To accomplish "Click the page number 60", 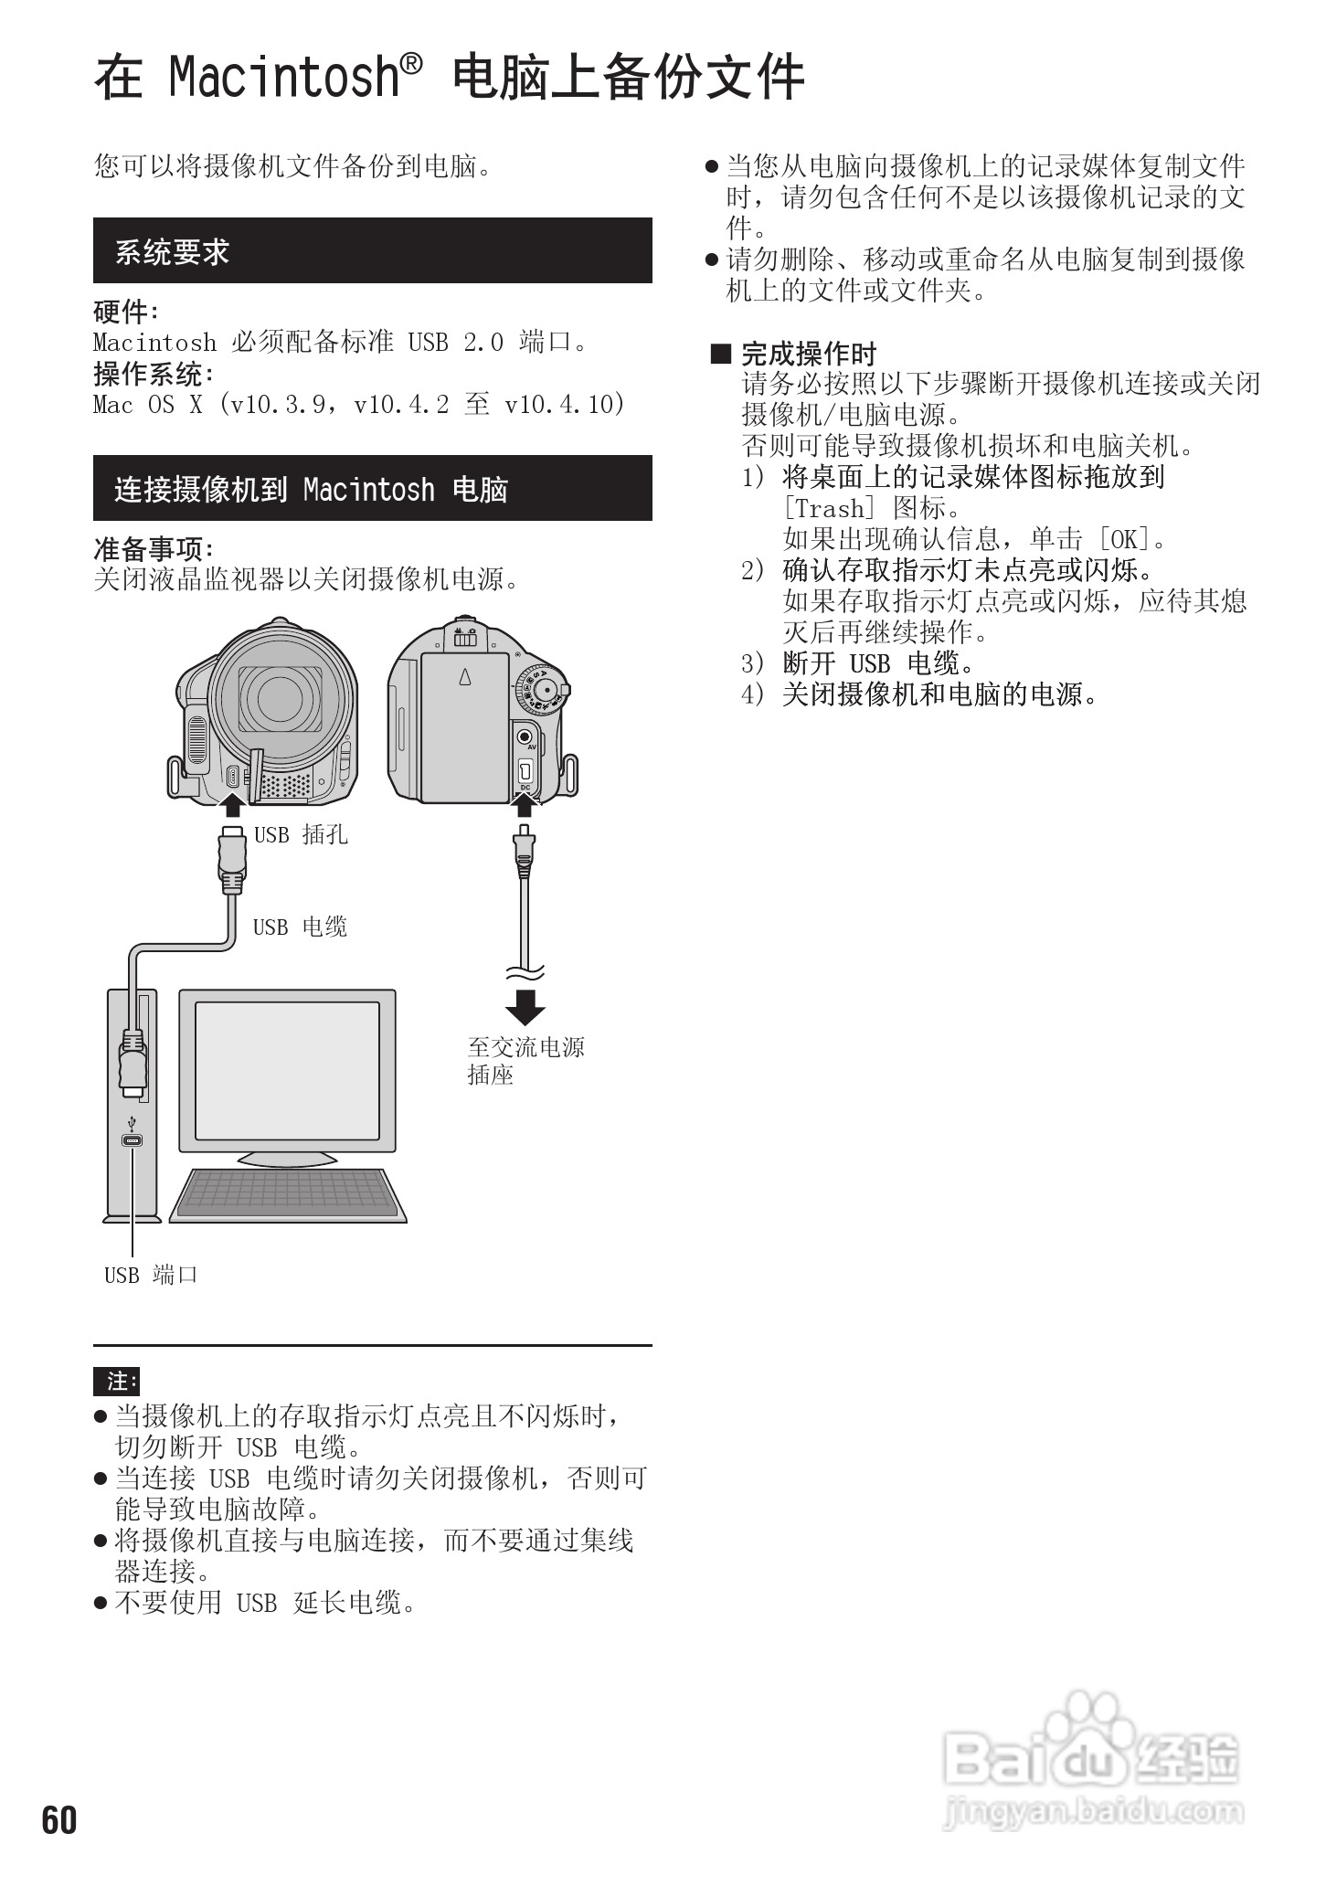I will tap(59, 1820).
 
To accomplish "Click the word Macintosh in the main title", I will tap(284, 77).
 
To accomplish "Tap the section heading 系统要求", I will tap(172, 251).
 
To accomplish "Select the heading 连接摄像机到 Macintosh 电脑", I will tap(311, 490).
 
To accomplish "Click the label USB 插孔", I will tap(301, 834).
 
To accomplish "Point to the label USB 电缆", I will tap(300, 927).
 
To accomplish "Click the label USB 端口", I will tap(151, 1275).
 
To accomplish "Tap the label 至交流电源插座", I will tap(525, 1060).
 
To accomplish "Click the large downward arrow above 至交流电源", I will tap(525, 1006).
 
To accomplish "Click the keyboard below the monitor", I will tap(288, 1192).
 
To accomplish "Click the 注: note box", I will tap(117, 1381).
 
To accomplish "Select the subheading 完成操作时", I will tap(808, 354).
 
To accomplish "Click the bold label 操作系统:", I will tap(154, 373).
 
